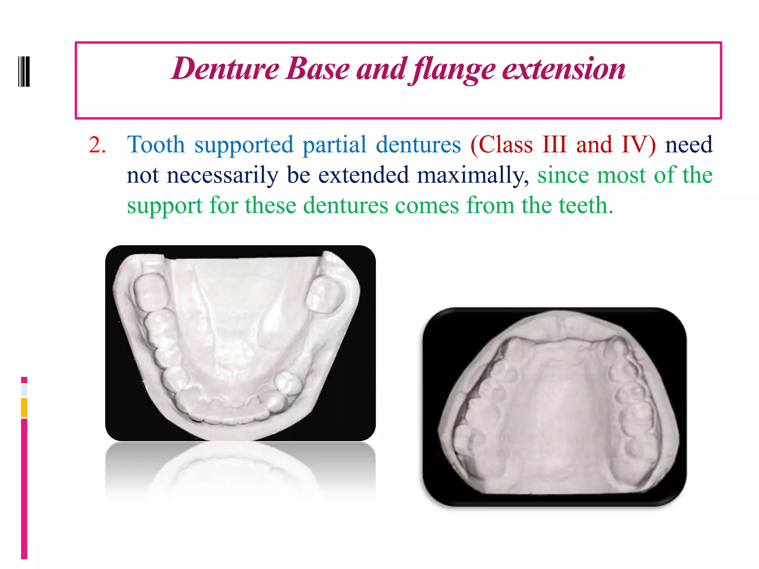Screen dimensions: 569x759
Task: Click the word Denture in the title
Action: (x=225, y=69)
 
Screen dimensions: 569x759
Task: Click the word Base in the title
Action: (x=318, y=69)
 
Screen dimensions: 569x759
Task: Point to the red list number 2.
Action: (x=97, y=145)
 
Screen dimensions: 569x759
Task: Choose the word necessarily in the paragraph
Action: (x=222, y=176)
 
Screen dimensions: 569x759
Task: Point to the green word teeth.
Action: (x=586, y=206)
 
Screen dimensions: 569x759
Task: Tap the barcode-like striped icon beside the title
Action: (x=24, y=71)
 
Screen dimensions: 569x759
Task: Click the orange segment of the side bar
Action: (x=24, y=407)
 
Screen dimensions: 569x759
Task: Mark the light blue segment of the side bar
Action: (x=24, y=390)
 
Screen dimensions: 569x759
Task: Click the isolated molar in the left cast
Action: (x=325, y=295)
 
